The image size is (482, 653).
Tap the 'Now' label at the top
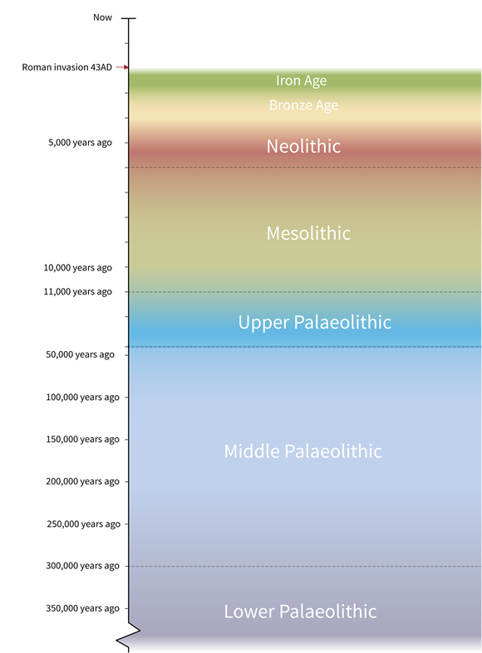pos(102,17)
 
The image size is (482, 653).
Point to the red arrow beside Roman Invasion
pos(122,67)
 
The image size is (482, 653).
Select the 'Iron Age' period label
pos(301,80)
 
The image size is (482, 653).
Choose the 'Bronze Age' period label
pos(303,105)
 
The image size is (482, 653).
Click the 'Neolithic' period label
pos(303,146)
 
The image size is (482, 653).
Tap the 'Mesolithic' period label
pos(308,233)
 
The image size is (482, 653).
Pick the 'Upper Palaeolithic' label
pos(314,322)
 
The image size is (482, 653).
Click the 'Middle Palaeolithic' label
pos(302,451)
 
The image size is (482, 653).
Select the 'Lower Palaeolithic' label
pos(300,612)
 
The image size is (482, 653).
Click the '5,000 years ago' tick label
pos(80,143)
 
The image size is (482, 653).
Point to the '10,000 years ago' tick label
pos(77,268)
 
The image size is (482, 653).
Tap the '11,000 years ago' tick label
pos(77,292)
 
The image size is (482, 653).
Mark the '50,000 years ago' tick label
pos(80,355)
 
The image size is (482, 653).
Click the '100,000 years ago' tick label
pos(82,397)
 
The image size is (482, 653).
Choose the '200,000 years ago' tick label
pos(82,481)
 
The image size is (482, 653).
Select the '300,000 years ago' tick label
pos(82,566)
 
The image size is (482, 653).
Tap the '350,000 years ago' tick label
pos(82,608)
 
